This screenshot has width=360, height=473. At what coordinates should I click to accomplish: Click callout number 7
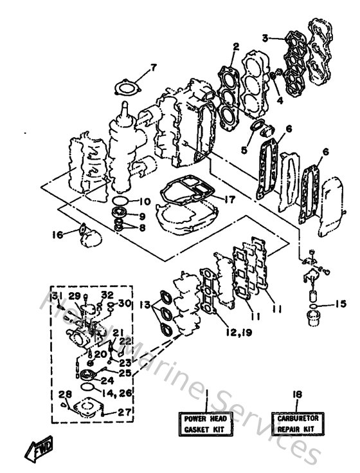coord(153,68)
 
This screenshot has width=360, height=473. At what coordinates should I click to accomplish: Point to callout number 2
coord(236,46)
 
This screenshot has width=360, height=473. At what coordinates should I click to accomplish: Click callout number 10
coord(145,201)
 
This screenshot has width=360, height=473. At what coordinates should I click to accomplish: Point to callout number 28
coord(63,395)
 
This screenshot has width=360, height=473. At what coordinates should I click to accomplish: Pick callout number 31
coord(57,295)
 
